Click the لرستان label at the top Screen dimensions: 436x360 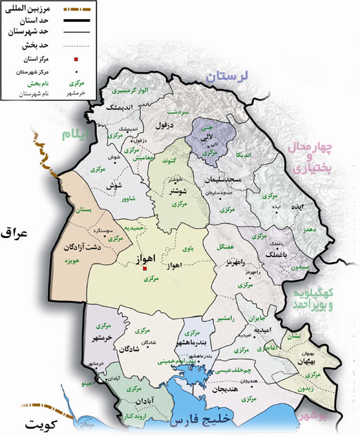coord(232,77)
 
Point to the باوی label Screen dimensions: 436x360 coord(186,249)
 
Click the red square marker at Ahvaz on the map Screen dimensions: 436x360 coord(145,269)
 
